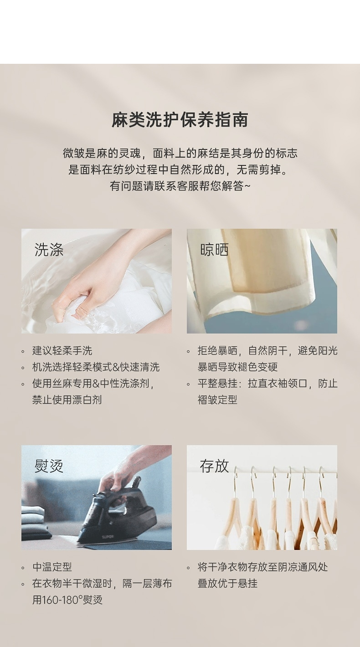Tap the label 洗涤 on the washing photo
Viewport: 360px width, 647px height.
[x=49, y=250]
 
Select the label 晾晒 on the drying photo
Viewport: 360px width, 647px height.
[x=214, y=250]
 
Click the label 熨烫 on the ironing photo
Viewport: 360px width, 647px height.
[x=49, y=466]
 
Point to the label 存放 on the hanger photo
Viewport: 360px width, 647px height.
[x=214, y=466]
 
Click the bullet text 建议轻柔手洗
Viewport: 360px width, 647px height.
[x=62, y=351]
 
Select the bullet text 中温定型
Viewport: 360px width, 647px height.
[x=52, y=567]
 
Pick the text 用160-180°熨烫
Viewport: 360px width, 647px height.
[x=67, y=600]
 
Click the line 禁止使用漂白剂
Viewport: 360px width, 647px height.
[x=67, y=400]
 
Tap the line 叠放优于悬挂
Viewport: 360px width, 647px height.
[x=228, y=584]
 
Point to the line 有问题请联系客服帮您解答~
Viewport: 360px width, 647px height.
[x=180, y=186]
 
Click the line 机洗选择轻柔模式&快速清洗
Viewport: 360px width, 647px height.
[x=96, y=367]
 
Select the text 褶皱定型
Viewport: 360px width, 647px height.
[x=217, y=400]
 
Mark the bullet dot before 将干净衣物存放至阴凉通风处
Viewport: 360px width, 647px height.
[x=188, y=568]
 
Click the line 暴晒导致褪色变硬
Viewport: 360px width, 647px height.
[x=237, y=367]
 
